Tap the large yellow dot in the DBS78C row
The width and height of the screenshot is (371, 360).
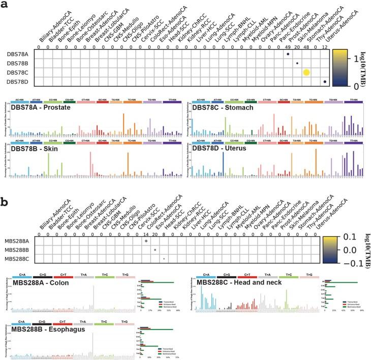306,73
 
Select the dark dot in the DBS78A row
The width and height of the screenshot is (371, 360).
288,54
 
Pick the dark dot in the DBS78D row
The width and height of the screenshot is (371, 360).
325,82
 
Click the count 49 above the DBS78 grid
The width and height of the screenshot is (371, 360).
288,45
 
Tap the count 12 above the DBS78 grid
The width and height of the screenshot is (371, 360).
325,45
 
